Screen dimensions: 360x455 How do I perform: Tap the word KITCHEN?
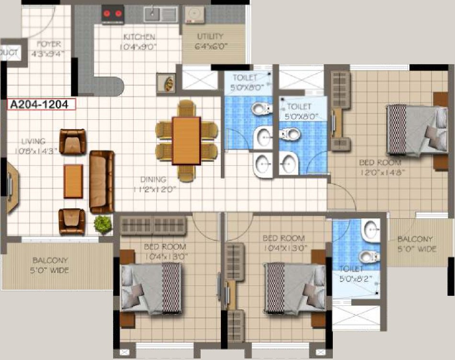point(139,37)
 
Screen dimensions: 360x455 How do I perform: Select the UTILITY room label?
point(210,36)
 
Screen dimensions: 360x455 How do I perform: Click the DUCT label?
point(10,52)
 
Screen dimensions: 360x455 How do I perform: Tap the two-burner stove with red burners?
point(113,14)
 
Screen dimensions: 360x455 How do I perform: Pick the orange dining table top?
point(186,141)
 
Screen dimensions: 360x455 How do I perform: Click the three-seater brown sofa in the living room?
point(102,181)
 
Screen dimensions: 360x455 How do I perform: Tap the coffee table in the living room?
point(73,181)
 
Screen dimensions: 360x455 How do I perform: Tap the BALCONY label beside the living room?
point(50,261)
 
